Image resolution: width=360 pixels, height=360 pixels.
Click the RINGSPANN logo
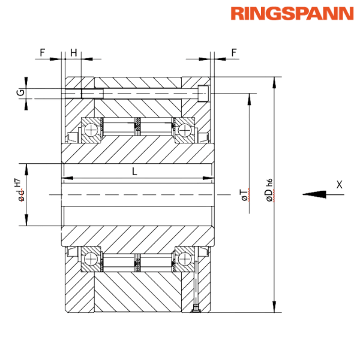pos(292,14)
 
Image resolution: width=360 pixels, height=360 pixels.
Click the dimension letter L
pos(134,172)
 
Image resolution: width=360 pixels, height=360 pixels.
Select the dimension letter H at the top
pos(73,52)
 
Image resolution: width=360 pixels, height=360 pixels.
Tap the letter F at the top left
pos(43,52)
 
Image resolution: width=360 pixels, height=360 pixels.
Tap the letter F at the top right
pos(233,52)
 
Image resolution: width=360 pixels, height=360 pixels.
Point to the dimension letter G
pos(20,92)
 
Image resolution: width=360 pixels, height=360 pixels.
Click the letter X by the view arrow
pos(340,185)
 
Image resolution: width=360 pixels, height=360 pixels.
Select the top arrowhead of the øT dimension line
pos(248,98)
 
